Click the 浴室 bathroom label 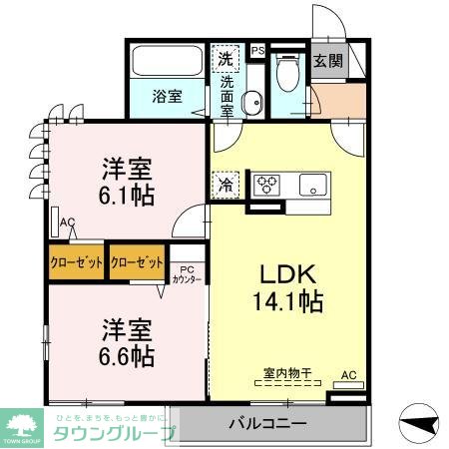167,97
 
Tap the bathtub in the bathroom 167,60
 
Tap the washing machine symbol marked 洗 226,59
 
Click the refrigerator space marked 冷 225,184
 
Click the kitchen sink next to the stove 312,185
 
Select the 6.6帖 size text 125,353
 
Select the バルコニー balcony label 267,422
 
